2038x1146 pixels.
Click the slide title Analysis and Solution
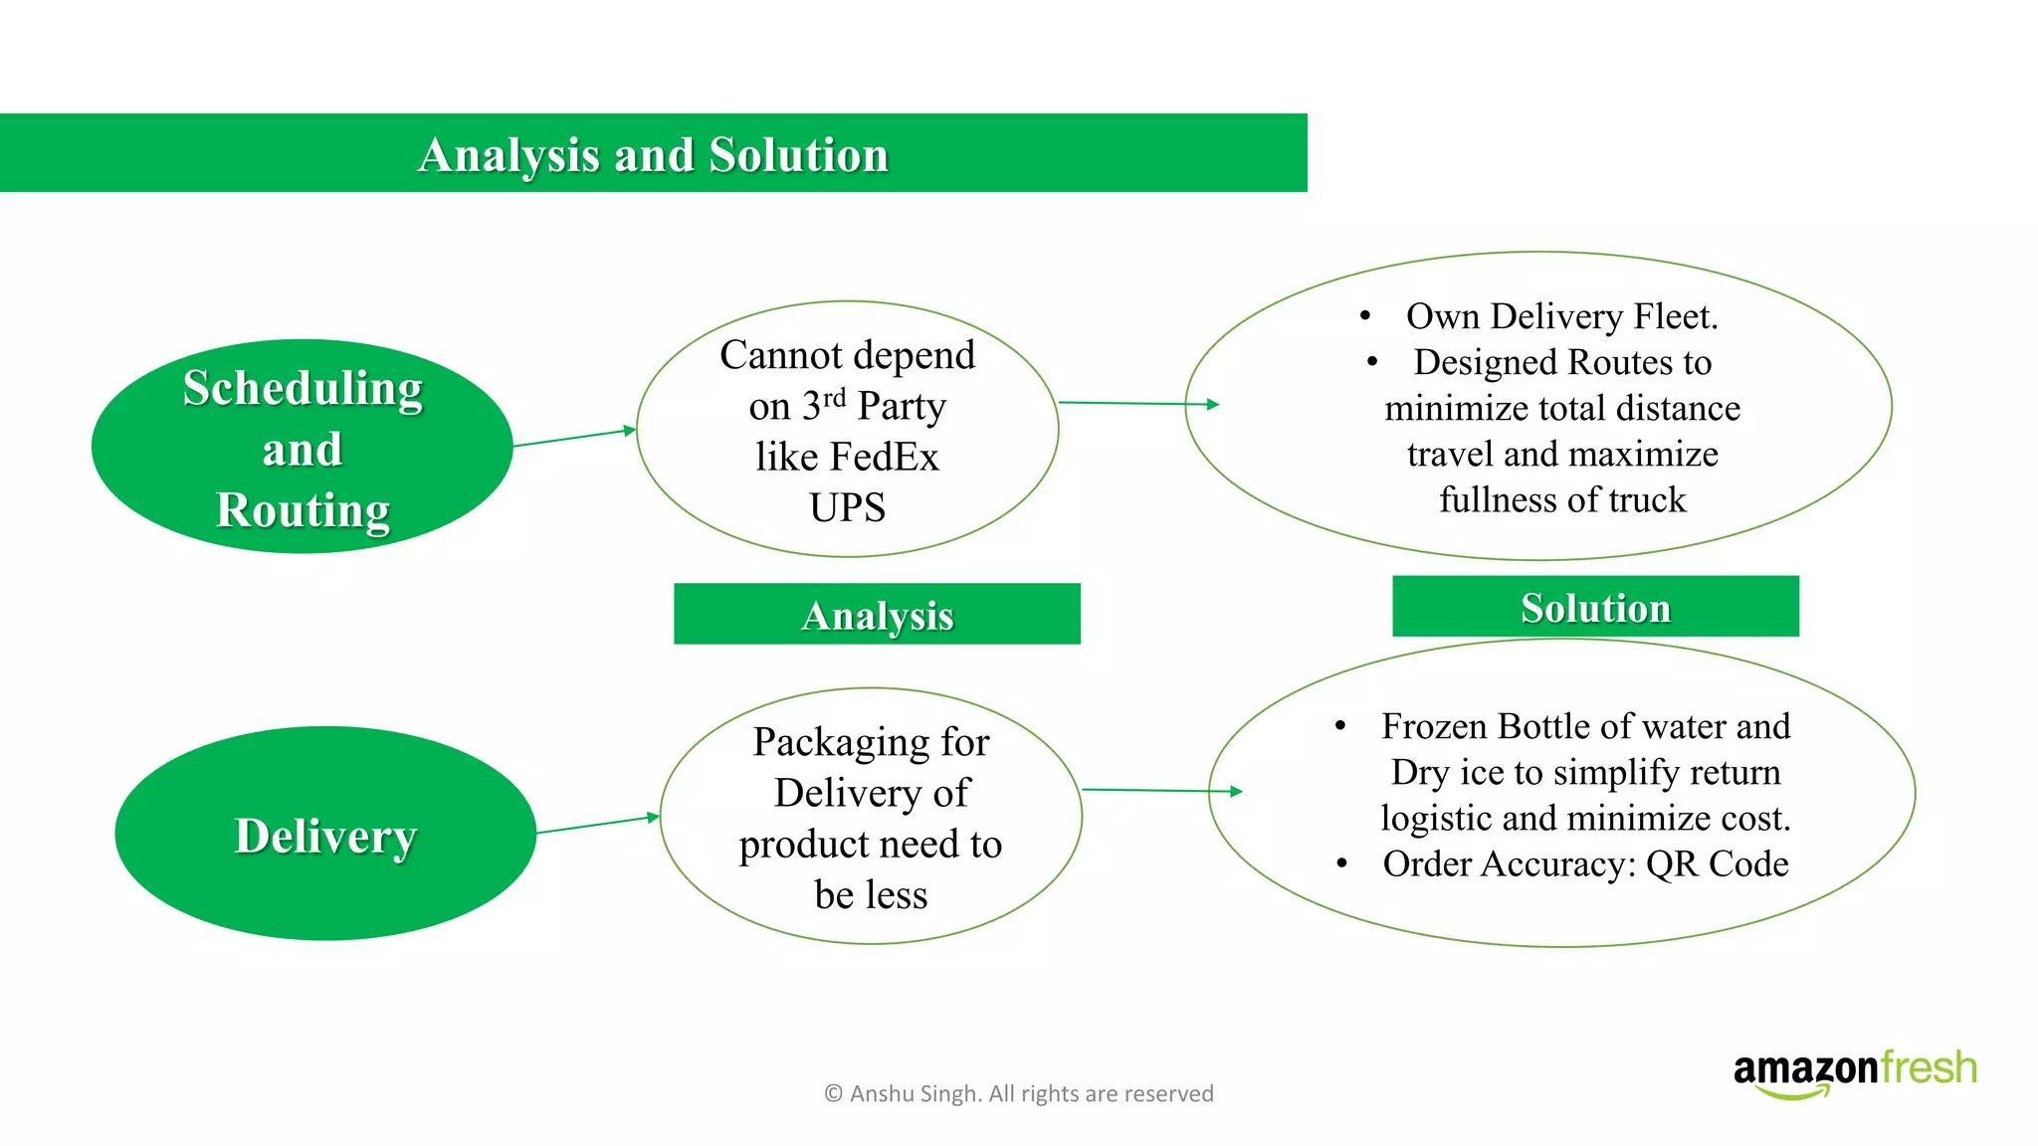653,155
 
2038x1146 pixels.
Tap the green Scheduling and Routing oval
302,447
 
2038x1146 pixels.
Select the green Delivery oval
325,834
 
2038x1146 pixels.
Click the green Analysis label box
877,615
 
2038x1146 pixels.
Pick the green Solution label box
1595,607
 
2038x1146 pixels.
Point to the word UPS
847,508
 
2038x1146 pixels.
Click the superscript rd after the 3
834,397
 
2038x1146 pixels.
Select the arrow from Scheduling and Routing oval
574,438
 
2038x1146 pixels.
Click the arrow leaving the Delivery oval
597,824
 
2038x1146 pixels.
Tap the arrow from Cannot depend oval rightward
1138,404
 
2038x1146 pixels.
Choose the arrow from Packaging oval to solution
1162,791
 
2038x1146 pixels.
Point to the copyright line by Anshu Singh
1018,1094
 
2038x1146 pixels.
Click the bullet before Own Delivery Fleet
1365,316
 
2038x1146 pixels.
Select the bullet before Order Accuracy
1341,863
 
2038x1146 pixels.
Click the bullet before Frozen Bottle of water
1340,726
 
